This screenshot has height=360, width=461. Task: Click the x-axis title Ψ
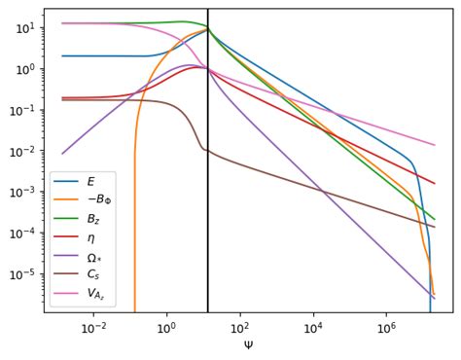click(248, 344)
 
